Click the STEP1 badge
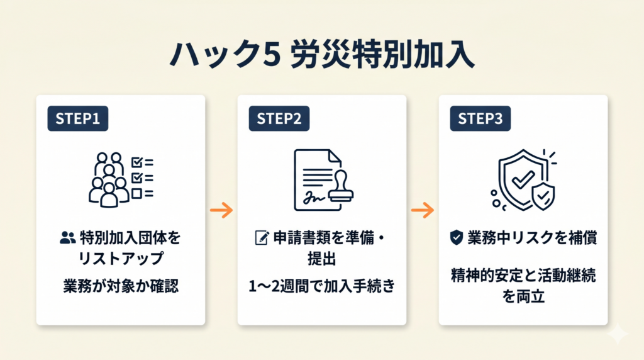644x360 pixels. pyautogui.click(x=77, y=119)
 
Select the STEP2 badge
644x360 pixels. pyautogui.click(x=279, y=119)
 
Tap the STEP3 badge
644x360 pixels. pyautogui.click(x=480, y=119)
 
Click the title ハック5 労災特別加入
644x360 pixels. pyautogui.click(x=321, y=55)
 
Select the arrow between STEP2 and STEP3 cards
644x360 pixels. pyautogui.click(x=423, y=210)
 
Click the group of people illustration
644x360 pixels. pyautogui.click(x=108, y=179)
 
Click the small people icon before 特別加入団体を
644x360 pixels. pyautogui.click(x=67, y=238)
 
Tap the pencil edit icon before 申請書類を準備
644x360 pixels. pyautogui.click(x=260, y=238)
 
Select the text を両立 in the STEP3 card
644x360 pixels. pyautogui.click(x=523, y=296)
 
